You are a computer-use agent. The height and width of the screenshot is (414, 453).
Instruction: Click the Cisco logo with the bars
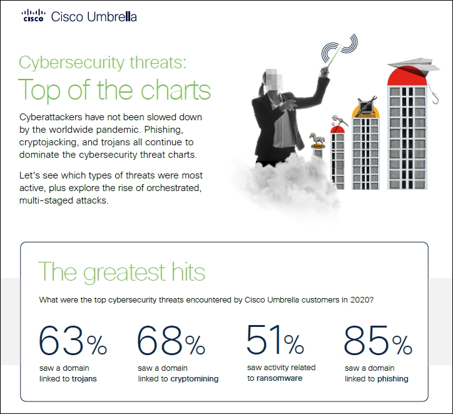coord(34,15)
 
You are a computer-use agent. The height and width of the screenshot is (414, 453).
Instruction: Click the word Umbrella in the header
coord(111,17)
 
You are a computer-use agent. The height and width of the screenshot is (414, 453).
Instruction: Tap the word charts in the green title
coord(176,90)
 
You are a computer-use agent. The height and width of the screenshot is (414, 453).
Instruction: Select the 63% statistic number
coord(73,340)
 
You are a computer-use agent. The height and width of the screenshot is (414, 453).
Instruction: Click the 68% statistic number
coord(171,340)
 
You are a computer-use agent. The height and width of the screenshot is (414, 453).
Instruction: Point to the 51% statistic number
coord(275,339)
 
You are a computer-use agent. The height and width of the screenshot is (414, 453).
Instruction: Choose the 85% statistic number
coord(377,340)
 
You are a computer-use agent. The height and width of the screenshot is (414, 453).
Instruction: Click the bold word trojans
coord(84,379)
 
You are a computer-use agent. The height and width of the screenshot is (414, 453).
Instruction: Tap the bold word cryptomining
coord(195,379)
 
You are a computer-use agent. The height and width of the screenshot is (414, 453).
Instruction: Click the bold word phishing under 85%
coord(393,379)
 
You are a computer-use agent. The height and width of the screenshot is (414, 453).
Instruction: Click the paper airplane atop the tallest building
coord(414,66)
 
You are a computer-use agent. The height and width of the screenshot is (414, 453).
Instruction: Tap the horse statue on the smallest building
coord(317,139)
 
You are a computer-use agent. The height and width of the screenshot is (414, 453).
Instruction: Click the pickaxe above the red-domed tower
coord(340,121)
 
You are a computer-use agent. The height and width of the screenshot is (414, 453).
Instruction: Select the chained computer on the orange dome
coord(366,105)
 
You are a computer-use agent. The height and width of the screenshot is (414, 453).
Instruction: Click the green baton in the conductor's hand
coord(334,56)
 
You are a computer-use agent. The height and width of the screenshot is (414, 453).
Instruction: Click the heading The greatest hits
coord(121,272)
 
